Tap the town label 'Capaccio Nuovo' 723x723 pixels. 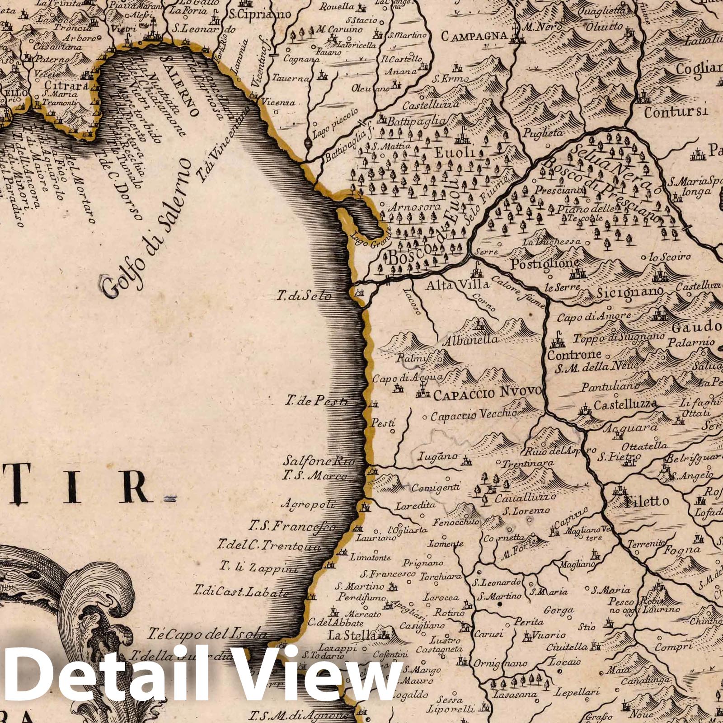click(487, 393)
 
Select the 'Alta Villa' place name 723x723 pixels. click(457, 285)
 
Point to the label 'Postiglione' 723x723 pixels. click(544, 264)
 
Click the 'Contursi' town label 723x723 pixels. click(676, 112)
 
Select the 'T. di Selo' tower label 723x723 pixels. click(305, 296)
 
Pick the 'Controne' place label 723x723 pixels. click(574, 355)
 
